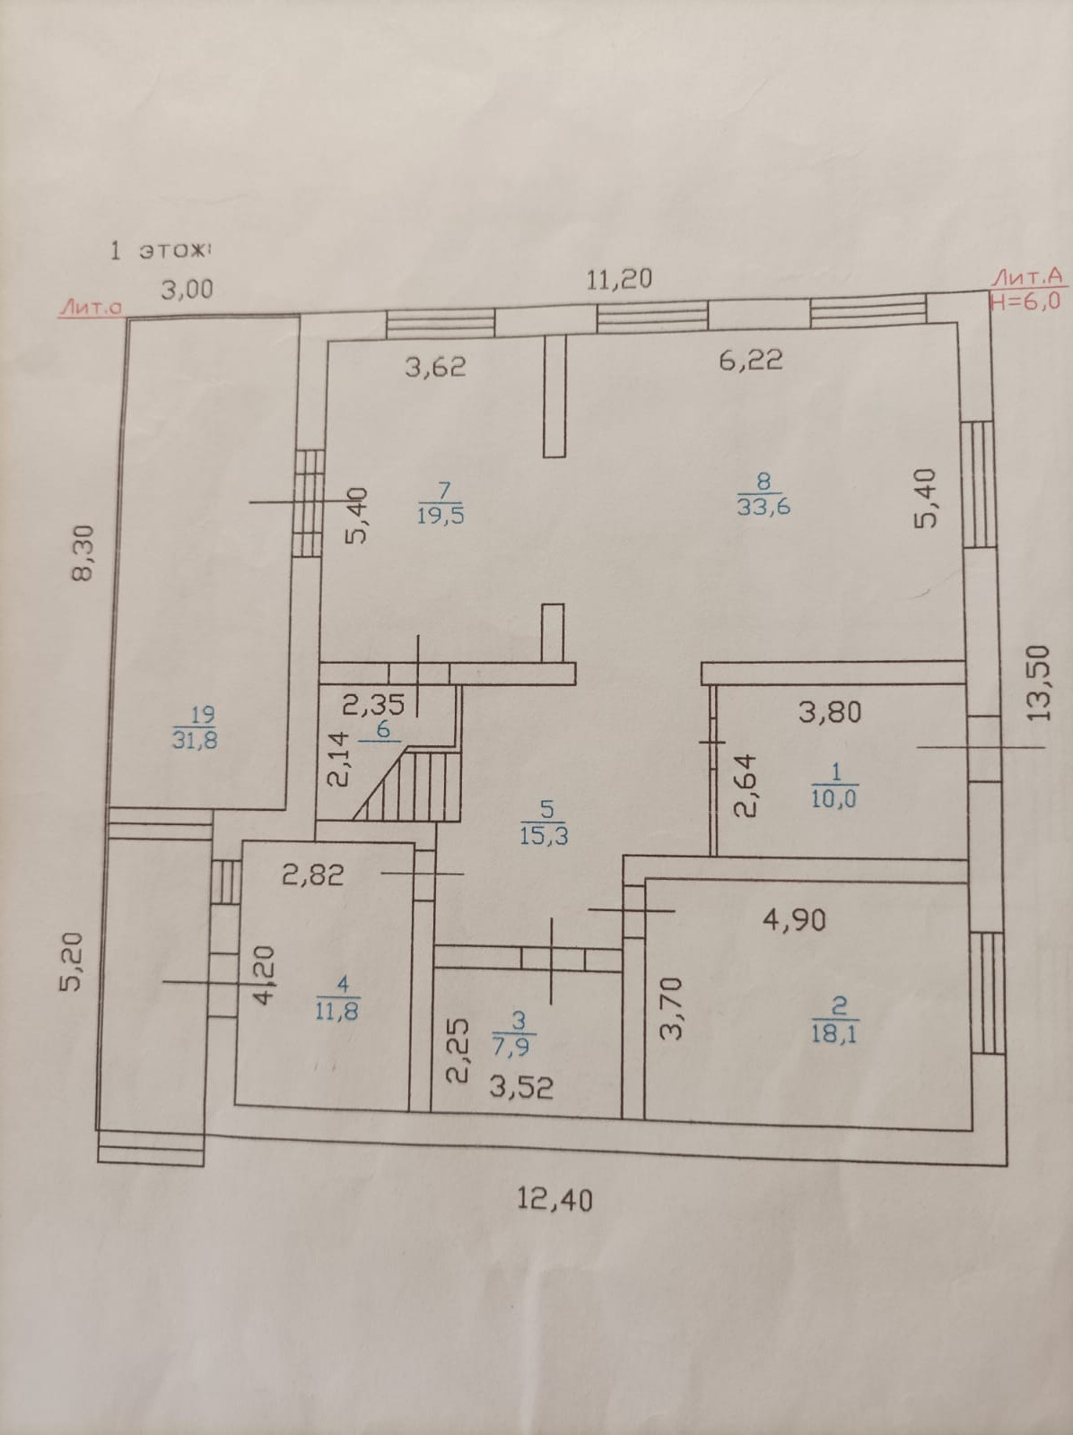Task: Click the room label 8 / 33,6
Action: coord(763,496)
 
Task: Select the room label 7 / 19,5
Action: coord(441,503)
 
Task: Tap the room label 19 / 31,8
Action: coord(196,727)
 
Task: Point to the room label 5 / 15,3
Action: coord(544,824)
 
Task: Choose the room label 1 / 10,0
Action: coord(833,787)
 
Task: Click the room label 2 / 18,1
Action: coord(834,1020)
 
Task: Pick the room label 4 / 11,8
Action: coord(337,998)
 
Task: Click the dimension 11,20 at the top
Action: coord(619,279)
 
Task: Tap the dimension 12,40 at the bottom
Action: coord(555,1198)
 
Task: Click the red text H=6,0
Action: coord(1025,300)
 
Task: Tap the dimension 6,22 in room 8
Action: coord(750,360)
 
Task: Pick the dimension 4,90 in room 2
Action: coord(794,919)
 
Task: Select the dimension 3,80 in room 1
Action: coord(830,712)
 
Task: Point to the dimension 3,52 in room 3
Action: coord(520,1088)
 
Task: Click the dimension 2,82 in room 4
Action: coord(313,874)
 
